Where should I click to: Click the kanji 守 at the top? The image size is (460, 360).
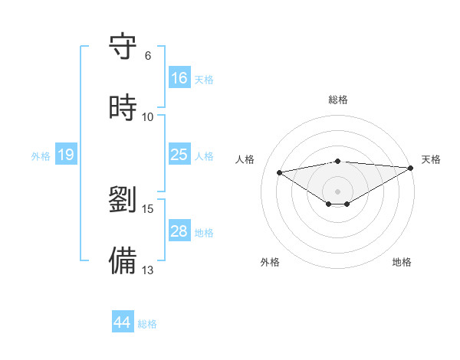123,47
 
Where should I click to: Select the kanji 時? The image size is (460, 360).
123,108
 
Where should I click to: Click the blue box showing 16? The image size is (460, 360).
179,78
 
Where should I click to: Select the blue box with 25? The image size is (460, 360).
179,155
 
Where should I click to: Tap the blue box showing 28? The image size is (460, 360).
179,231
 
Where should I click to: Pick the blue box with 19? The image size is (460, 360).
66,155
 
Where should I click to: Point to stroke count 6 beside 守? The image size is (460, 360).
147,55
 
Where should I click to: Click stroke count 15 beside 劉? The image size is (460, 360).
148,208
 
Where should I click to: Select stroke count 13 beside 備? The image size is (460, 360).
148,270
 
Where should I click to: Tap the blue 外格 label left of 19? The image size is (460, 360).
41,156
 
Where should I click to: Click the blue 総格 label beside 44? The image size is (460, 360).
147,324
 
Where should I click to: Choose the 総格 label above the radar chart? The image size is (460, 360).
338,100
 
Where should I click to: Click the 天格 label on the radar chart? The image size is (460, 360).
431,159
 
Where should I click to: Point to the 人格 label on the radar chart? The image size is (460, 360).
245,159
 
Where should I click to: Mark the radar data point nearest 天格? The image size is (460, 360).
410,168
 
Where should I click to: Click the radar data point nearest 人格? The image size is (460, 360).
280,172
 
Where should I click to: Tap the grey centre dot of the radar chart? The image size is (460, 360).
338,191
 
